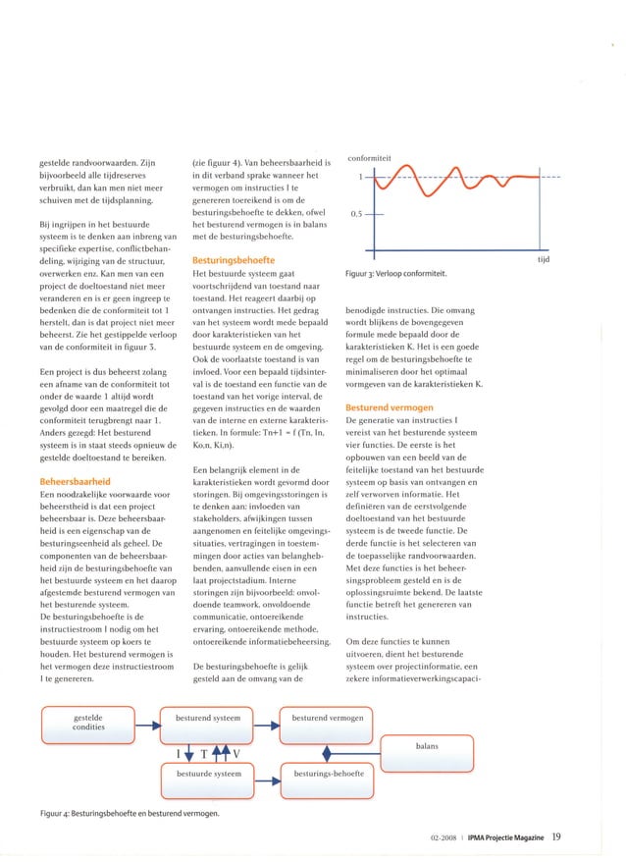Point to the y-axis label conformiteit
[370, 156]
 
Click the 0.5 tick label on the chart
[358, 213]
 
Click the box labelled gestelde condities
[89, 725]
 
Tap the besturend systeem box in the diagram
[208, 719]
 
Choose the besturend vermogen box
[328, 719]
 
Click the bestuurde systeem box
[208, 774]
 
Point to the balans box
[427, 746]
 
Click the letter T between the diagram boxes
[203, 754]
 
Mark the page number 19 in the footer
[555, 836]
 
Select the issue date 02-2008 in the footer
[446, 837]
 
